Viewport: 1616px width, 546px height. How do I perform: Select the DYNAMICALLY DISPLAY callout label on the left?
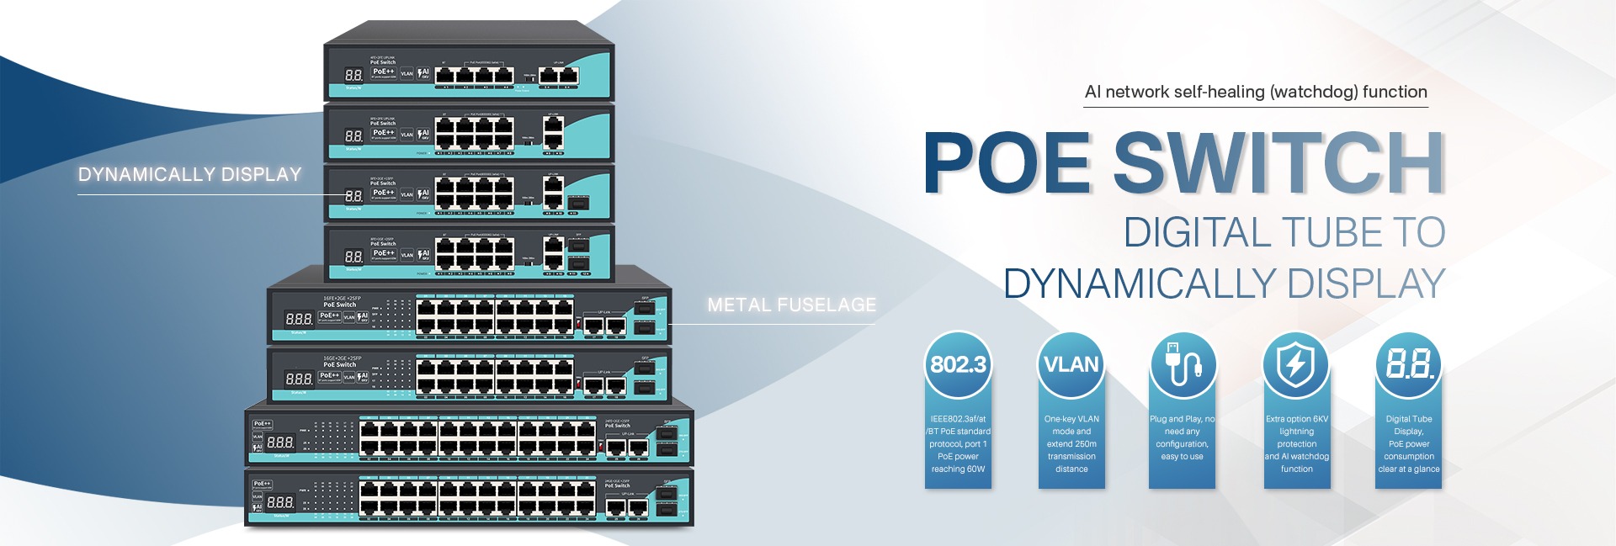click(189, 175)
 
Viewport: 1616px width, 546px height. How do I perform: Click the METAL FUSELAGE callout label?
click(791, 305)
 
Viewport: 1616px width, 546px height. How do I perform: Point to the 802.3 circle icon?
click(958, 364)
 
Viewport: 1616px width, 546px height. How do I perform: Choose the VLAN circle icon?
click(1071, 364)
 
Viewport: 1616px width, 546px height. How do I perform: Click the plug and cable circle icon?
click(1183, 364)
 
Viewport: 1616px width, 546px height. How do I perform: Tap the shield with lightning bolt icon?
click(1295, 364)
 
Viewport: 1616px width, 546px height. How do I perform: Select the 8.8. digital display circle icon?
click(1408, 364)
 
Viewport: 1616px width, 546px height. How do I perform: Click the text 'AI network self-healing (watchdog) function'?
click(1256, 93)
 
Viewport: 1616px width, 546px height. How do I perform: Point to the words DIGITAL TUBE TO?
click(1284, 233)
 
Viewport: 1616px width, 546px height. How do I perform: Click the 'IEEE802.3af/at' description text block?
click(958, 443)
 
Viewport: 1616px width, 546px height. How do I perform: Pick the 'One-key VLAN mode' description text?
click(1071, 443)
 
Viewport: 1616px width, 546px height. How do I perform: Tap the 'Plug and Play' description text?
click(1182, 437)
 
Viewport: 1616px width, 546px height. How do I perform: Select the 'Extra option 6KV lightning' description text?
click(1296, 443)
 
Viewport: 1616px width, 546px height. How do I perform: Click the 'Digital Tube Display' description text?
click(1408, 443)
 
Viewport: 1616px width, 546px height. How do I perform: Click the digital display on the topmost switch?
click(353, 75)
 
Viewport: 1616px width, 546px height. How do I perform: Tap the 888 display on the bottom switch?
click(280, 502)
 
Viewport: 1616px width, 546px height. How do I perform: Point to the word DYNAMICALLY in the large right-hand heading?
click(1140, 284)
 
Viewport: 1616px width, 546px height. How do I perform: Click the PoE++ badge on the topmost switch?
click(383, 72)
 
